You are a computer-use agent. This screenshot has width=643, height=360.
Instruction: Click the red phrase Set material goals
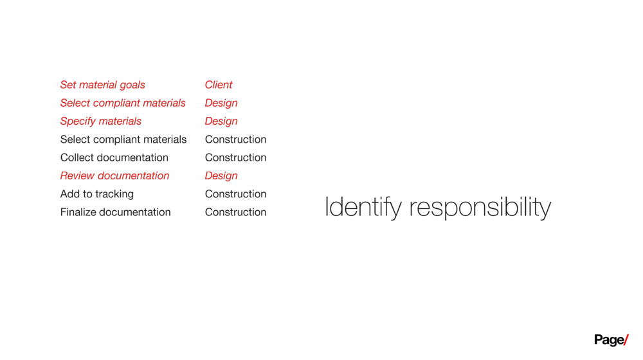[x=102, y=85]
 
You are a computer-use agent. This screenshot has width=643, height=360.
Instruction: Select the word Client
[x=219, y=84]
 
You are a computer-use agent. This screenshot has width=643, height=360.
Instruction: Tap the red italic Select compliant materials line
[x=123, y=103]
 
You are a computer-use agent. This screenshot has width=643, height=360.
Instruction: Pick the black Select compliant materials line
[x=123, y=139]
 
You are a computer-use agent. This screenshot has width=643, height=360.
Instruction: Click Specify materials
[x=100, y=122]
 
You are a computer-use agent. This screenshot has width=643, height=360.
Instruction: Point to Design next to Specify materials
[x=221, y=122]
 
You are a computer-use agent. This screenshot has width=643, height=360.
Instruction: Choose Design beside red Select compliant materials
[x=221, y=103]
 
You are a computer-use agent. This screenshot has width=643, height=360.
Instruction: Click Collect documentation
[x=114, y=157]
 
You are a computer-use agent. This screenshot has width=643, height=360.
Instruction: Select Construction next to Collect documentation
[x=235, y=157]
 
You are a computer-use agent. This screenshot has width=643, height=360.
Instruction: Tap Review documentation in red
[x=114, y=175]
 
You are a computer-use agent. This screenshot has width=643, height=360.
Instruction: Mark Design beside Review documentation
[x=221, y=176]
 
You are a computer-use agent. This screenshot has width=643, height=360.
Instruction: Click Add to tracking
[x=97, y=194]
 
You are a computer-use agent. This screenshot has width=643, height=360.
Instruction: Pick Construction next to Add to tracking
[x=235, y=194]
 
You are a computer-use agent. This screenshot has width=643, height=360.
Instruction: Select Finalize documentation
[x=115, y=212]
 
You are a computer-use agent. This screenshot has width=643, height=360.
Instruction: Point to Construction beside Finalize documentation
[x=235, y=212]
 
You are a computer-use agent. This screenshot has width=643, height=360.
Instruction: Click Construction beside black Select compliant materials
[x=235, y=139]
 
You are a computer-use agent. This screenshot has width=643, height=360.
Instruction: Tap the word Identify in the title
[x=363, y=207]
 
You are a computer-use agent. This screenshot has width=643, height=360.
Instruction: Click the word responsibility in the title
[x=480, y=207]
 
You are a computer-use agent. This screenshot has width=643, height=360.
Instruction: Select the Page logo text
[x=609, y=340]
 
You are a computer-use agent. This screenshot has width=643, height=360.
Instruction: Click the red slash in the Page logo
[x=626, y=340]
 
